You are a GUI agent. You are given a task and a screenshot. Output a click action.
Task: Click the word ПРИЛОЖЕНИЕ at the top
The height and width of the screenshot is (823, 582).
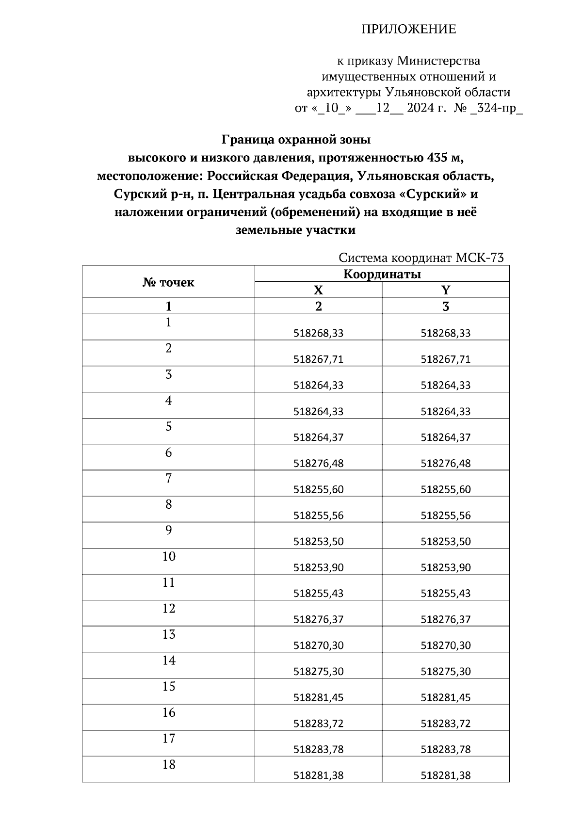coord(408,30)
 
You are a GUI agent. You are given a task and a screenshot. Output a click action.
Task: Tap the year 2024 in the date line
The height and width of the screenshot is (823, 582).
coord(421,108)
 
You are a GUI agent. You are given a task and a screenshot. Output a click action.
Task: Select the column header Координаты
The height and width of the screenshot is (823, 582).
coord(382,274)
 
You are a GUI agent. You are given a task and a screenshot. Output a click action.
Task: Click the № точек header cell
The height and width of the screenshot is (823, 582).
coord(168,282)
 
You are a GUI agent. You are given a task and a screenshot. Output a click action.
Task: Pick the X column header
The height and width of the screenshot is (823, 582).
coord(318,290)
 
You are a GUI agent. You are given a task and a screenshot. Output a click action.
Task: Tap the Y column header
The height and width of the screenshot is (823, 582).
coord(446,290)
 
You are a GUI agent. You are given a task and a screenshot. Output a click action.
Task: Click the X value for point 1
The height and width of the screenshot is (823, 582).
coord(319,333)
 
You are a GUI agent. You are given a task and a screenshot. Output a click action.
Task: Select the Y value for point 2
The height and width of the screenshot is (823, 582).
coord(446,359)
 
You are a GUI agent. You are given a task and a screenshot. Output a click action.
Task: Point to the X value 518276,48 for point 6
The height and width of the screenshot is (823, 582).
coord(319,463)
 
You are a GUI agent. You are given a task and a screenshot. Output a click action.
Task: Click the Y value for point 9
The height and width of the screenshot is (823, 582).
coord(446,541)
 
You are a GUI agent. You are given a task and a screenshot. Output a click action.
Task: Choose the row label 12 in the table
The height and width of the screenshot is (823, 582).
coord(168,609)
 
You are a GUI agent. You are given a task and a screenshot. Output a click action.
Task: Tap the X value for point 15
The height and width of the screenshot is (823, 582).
coord(319,697)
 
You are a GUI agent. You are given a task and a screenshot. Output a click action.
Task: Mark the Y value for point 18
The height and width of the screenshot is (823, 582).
coord(446,775)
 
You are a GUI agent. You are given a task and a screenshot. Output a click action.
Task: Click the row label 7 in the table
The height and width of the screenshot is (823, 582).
coord(168,479)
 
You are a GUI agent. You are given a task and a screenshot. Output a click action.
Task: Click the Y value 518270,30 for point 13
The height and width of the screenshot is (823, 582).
coord(446,645)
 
